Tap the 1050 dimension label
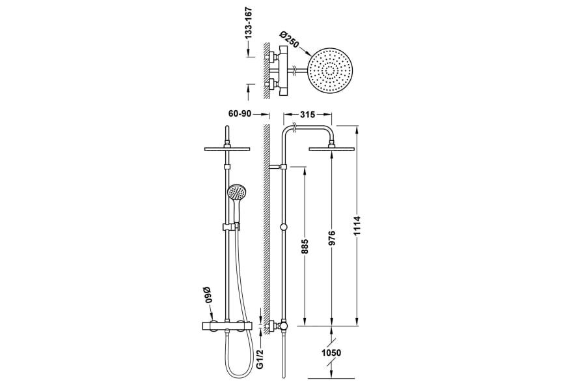click(x=331, y=353)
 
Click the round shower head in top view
click(x=332, y=70)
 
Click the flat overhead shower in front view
click(x=227, y=149)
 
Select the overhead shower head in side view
click(x=332, y=149)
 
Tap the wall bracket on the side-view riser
click(x=277, y=167)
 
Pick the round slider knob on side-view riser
click(x=282, y=227)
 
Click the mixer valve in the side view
click(x=281, y=324)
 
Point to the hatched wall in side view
click(x=265, y=215)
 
